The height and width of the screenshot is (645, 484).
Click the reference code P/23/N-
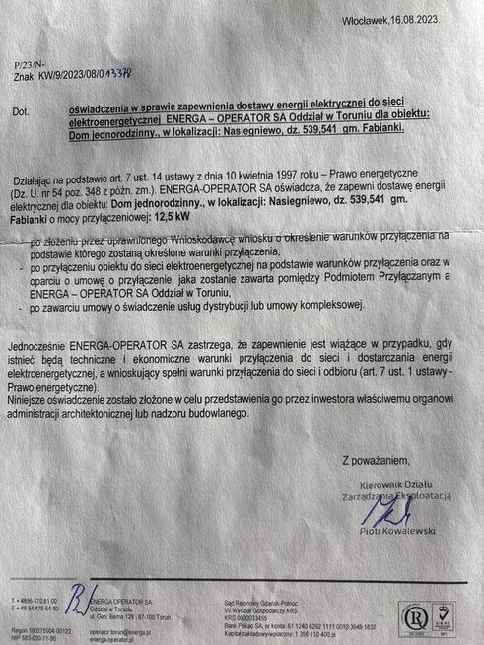click(x=28, y=60)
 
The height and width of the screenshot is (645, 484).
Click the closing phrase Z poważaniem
click(x=377, y=459)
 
